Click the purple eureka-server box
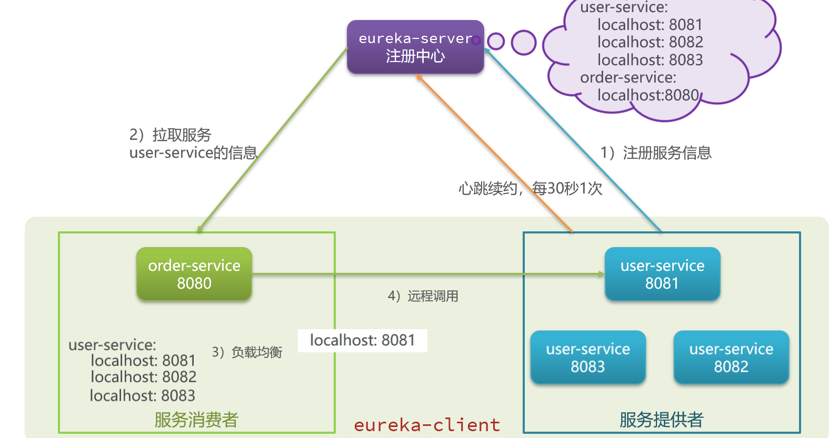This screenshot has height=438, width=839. click(x=415, y=47)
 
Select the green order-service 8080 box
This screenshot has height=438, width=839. click(x=194, y=274)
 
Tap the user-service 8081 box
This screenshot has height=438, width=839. click(x=662, y=274)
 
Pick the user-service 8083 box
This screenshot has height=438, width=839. click(x=588, y=358)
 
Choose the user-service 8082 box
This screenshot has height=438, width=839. click(x=731, y=358)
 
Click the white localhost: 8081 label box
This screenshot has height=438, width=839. click(x=362, y=340)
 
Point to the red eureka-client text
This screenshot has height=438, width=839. click(x=427, y=425)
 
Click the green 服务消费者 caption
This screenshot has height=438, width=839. click(x=196, y=420)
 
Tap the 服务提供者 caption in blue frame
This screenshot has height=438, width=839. click(x=661, y=420)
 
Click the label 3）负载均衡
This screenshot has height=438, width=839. click(x=247, y=352)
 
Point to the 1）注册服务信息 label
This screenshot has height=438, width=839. click(x=656, y=152)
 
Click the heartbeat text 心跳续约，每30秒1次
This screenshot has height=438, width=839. click(x=530, y=188)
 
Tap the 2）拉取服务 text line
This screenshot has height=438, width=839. click(x=170, y=135)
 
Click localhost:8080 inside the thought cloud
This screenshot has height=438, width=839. click(x=648, y=95)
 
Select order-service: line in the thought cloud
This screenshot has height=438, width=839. click(x=628, y=77)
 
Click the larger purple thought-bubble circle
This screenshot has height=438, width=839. click(x=524, y=43)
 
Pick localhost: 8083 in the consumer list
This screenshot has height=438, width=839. click(x=142, y=395)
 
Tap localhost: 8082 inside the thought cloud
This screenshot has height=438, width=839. click(x=650, y=42)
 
